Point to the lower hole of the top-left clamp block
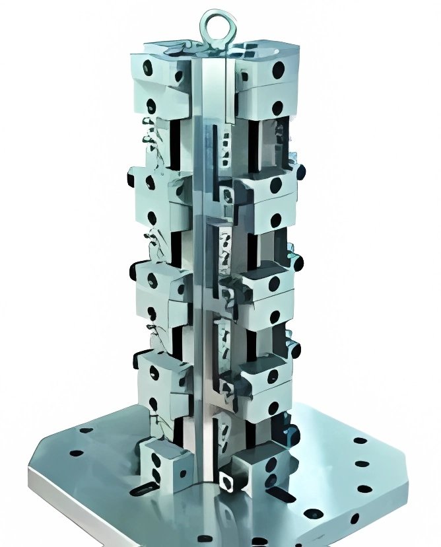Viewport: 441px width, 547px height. tap(151, 104)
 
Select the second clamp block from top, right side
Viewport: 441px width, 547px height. tap(267, 198)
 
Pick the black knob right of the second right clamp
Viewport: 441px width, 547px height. tap(301, 172)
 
